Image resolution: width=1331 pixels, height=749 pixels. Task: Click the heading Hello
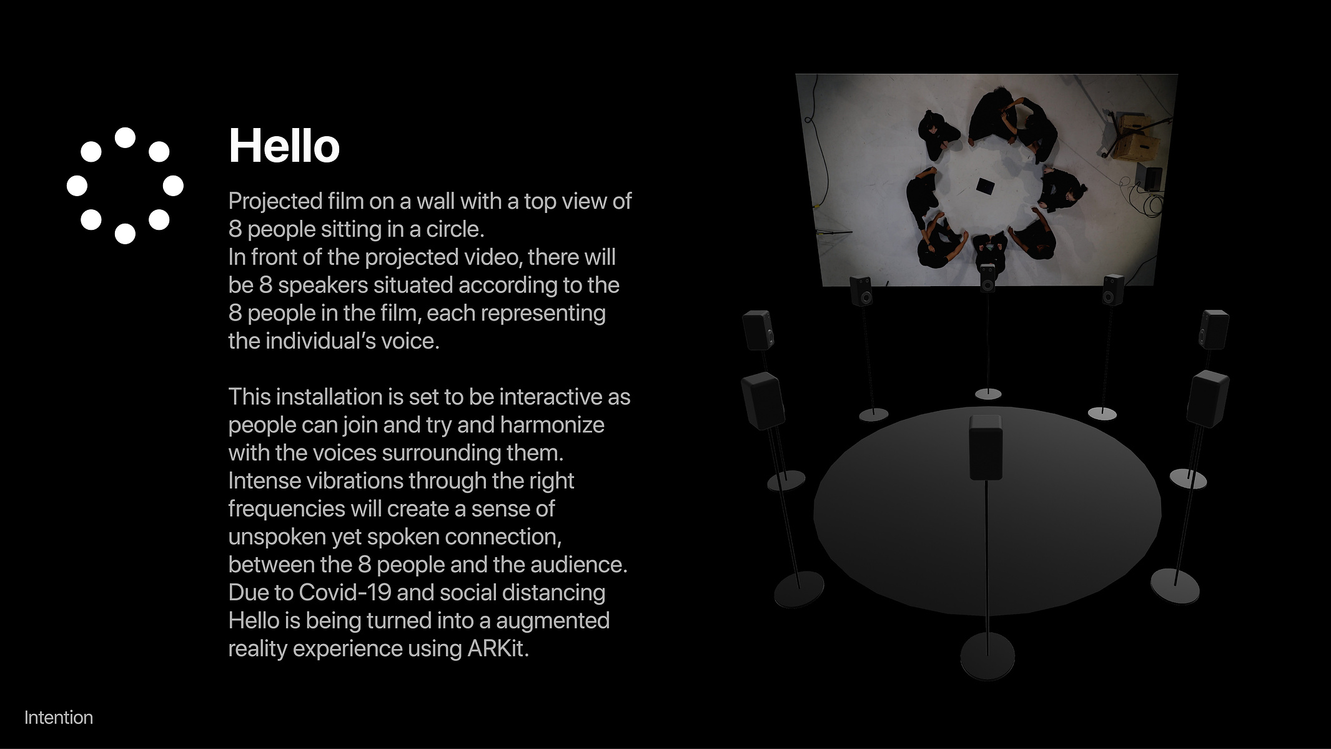(284, 146)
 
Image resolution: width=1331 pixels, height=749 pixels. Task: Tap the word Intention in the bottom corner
(59, 718)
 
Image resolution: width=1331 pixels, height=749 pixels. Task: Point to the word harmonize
(552, 425)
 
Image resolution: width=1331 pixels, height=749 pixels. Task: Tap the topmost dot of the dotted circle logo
(125, 137)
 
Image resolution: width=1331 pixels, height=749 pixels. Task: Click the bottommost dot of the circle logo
(125, 234)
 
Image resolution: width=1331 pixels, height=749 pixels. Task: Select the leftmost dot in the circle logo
(77, 186)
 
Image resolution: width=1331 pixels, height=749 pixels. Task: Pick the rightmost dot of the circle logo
(173, 186)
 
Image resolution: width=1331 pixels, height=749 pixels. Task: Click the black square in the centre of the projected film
(986, 186)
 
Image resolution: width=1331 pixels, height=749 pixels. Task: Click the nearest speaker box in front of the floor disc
(986, 447)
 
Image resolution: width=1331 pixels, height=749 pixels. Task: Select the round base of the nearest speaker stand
(987, 656)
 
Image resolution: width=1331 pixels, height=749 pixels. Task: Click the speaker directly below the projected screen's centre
(987, 278)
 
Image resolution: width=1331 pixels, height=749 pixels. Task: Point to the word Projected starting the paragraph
(275, 202)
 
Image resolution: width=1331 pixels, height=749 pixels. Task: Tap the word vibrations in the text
(354, 481)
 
